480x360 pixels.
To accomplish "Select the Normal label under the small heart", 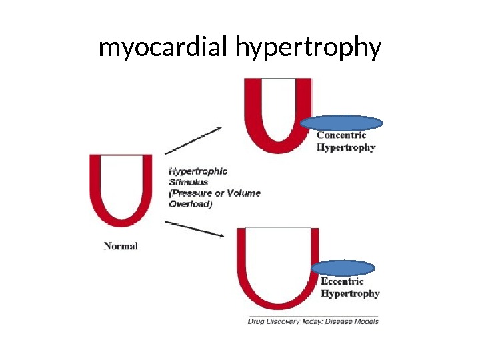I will [121, 246].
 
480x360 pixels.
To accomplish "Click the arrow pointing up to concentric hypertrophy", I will [193, 141].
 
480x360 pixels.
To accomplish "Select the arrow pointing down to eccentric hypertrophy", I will [193, 228].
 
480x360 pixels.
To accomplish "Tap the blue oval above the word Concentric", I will [341, 123].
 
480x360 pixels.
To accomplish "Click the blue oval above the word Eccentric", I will [343, 268].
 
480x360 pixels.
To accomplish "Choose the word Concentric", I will [341, 135].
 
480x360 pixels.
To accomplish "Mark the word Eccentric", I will [343, 281].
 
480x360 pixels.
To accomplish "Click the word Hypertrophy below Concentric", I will [345, 147].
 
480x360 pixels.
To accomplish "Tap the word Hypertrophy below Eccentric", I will [350, 293].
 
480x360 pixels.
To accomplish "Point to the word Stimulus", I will [188, 182].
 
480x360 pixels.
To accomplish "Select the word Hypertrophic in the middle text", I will [197, 171].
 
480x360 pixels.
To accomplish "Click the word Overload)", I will [191, 205].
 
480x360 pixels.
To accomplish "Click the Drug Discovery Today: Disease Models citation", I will [313, 321].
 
